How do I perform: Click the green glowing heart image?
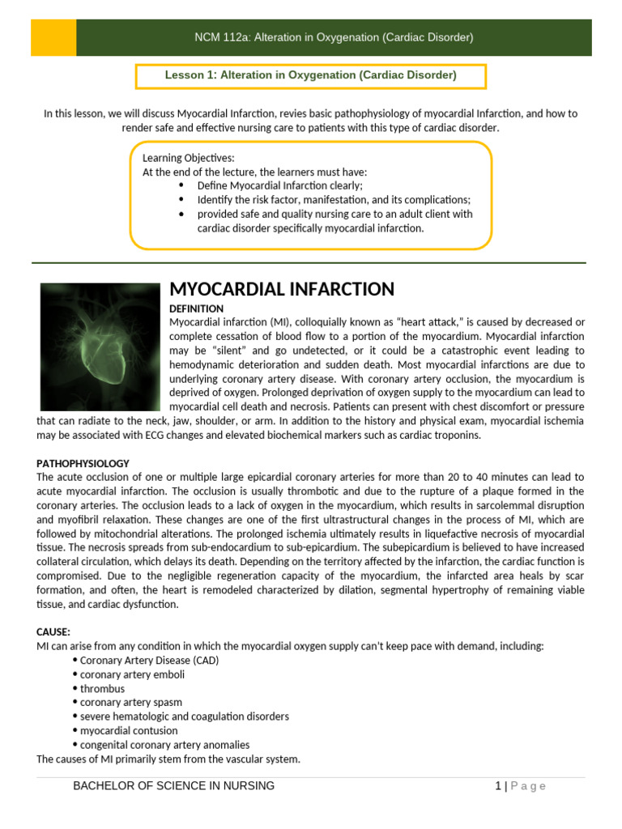(x=100, y=346)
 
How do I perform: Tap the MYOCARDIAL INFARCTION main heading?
(x=281, y=289)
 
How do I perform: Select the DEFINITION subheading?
(x=196, y=309)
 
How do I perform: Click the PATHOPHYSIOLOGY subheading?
(x=83, y=464)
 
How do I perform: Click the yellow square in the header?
(x=53, y=38)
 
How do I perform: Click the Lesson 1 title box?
(x=311, y=75)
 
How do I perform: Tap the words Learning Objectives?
(x=189, y=158)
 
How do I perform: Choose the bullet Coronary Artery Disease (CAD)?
(x=149, y=660)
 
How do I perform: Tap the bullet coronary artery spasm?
(x=130, y=703)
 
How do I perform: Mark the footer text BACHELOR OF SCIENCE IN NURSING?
(x=173, y=785)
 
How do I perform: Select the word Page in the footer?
(x=528, y=785)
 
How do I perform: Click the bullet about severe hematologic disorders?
(x=184, y=716)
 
